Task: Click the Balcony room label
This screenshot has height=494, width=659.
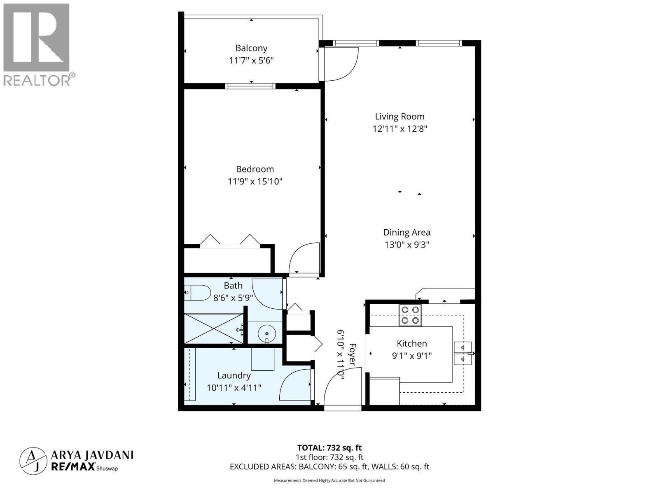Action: click(x=251, y=48)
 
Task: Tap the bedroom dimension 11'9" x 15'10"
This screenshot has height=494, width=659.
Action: click(x=255, y=182)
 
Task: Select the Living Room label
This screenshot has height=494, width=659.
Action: click(x=400, y=117)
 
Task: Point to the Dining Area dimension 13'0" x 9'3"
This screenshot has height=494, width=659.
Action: click(x=407, y=245)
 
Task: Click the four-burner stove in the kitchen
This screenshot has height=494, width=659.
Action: click(x=410, y=315)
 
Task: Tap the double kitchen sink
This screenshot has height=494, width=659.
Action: click(x=463, y=353)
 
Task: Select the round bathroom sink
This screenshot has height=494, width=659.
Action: click(x=267, y=333)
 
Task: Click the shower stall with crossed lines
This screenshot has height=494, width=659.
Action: click(x=213, y=328)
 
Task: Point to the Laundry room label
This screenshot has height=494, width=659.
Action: click(x=234, y=375)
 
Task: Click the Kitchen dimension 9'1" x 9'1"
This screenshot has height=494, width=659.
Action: click(x=411, y=356)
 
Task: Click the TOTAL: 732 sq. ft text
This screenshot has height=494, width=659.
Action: click(x=329, y=447)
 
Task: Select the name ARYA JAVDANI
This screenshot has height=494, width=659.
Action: click(x=92, y=455)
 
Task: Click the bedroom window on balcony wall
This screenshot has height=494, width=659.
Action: click(x=250, y=86)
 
